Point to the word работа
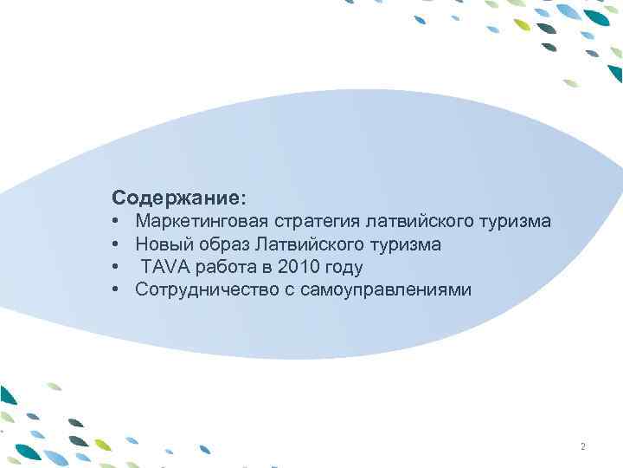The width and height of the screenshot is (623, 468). click(225, 267)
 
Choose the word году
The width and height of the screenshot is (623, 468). click(344, 267)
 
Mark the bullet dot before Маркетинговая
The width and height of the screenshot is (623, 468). click(116, 223)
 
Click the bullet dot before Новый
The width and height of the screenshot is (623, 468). click(116, 245)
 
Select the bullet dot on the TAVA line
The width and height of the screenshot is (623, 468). click(116, 268)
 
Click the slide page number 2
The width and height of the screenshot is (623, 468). click(583, 447)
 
